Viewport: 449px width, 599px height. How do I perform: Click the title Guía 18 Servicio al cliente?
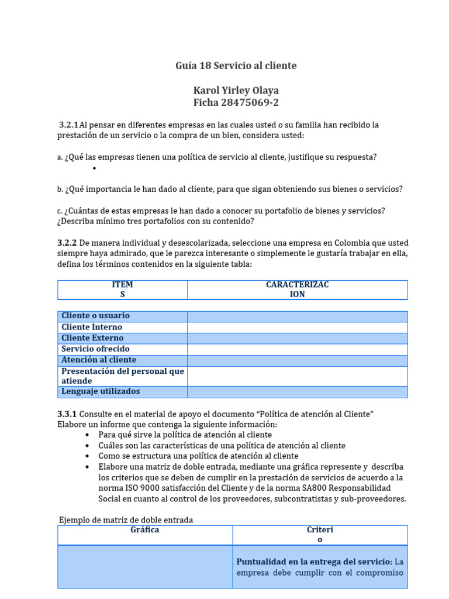(236, 66)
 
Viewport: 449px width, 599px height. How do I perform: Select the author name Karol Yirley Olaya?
(236, 91)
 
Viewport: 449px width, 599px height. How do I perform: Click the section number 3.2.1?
(68, 125)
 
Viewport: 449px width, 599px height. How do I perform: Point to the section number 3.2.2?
(67, 243)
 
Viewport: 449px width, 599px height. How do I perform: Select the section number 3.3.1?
(67, 414)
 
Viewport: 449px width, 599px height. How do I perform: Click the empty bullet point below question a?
(94, 168)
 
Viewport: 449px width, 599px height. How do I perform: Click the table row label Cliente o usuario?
(95, 316)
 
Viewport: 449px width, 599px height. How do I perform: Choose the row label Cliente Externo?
(92, 338)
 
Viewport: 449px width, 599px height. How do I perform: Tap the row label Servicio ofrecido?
(95, 349)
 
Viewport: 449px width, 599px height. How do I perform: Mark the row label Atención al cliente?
(98, 360)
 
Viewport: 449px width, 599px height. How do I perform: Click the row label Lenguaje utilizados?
(101, 391)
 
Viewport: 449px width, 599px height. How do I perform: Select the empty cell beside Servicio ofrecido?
(297, 349)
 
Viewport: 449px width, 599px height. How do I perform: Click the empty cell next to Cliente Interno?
(297, 327)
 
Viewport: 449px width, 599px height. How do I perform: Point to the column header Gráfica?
(145, 530)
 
